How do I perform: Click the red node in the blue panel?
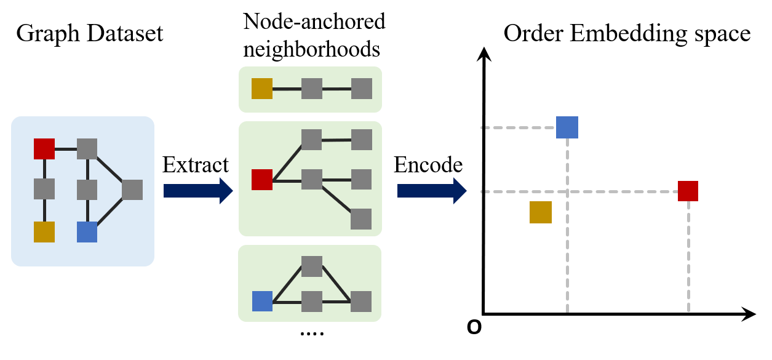point(44,149)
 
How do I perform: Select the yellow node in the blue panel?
point(44,232)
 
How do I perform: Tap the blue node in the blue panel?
point(87,232)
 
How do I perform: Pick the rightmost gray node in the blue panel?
point(132,190)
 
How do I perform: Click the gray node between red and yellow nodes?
point(44,189)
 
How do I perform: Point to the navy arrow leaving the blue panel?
point(197,191)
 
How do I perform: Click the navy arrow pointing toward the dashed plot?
point(431,191)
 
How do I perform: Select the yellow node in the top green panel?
point(262,89)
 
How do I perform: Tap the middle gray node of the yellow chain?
point(312,89)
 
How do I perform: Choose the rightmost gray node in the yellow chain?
point(362,89)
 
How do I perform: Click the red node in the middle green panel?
point(262,180)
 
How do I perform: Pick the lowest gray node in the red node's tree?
point(361,219)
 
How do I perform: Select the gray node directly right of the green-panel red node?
point(312,180)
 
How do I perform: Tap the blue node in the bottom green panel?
point(262,302)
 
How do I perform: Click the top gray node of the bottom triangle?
point(312,266)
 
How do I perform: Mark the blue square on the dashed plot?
point(567,127)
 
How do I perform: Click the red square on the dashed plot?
point(688,191)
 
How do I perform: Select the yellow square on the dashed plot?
point(541,212)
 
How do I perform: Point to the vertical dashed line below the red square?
point(688,258)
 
